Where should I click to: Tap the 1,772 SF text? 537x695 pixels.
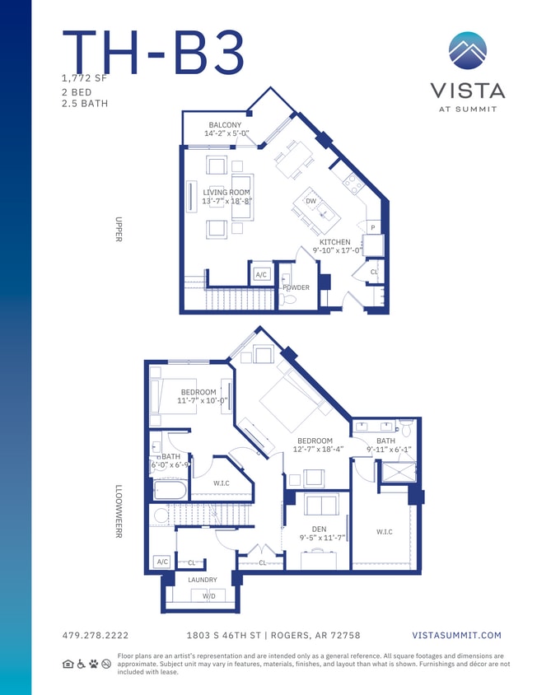point(84,78)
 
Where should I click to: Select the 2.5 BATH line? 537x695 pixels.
point(85,104)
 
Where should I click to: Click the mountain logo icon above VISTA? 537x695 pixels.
point(467,50)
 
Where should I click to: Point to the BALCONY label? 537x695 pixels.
point(225,125)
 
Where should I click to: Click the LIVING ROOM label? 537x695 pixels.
point(226,193)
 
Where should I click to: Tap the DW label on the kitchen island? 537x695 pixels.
point(311,201)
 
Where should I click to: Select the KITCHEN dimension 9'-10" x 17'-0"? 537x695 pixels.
point(337,250)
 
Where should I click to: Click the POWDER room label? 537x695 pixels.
point(296,287)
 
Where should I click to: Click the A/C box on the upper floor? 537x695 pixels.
point(262,274)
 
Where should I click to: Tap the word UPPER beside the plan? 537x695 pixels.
point(119,229)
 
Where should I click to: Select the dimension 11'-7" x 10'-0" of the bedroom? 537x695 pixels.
point(203,401)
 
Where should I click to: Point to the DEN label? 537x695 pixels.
point(320,529)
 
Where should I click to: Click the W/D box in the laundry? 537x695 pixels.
point(209,595)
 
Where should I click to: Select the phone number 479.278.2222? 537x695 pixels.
point(96,635)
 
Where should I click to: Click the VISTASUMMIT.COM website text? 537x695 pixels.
point(456,635)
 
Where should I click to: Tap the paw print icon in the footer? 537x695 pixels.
point(93,663)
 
